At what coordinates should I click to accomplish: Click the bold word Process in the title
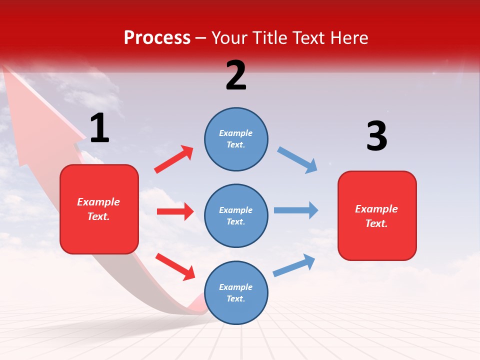click(157, 37)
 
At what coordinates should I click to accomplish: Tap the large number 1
click(99, 128)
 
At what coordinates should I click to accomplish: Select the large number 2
click(236, 75)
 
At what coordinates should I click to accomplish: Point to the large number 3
click(376, 136)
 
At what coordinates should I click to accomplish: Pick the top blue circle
click(236, 139)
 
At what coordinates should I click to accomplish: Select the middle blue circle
click(236, 215)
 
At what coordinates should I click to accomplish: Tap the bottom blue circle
click(236, 292)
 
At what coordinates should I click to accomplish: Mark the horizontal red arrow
click(175, 211)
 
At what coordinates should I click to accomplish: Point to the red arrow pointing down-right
click(175, 266)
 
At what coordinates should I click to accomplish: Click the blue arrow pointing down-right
click(297, 160)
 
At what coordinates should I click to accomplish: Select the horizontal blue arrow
click(296, 210)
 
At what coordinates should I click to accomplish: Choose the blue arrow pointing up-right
click(294, 265)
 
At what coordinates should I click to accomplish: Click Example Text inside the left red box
click(98, 209)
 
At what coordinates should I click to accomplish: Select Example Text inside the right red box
click(376, 216)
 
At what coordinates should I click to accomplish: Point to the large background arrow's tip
click(15, 75)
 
